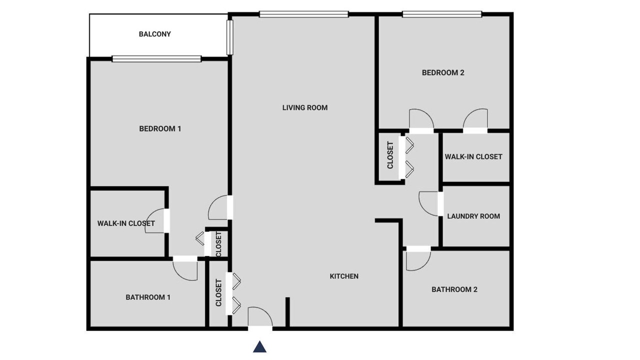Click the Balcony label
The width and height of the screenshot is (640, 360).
tap(155, 34)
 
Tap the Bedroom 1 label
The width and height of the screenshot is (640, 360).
tap(160, 129)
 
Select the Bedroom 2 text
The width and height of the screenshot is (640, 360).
tap(443, 73)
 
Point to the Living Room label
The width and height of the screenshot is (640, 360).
tap(305, 107)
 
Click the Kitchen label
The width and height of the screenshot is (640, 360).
tap(344, 276)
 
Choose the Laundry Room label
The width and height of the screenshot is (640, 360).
tap(473, 216)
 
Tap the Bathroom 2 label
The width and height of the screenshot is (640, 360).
tap(454, 289)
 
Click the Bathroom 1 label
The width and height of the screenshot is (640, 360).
tap(148, 297)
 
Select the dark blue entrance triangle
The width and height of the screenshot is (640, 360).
tap(259, 346)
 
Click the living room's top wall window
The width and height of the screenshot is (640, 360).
tap(304, 14)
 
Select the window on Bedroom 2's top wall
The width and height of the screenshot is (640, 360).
tap(442, 14)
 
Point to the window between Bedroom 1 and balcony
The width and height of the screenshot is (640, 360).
tap(156, 59)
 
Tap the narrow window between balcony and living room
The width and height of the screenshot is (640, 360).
tap(229, 37)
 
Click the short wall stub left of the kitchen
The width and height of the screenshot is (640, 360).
tap(287, 312)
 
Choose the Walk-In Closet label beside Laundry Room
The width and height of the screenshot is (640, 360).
tap(473, 157)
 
